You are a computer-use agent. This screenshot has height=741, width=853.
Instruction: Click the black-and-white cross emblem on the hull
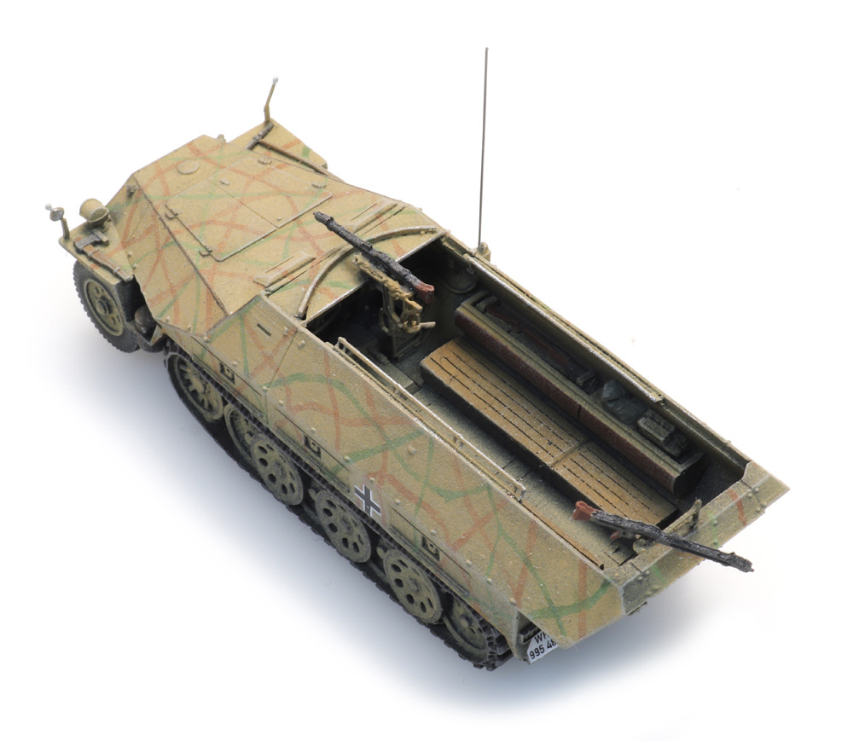[x=367, y=501]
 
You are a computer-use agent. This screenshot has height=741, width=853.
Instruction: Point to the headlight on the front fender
[x=91, y=210]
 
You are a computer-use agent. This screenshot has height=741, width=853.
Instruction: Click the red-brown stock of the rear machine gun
[x=584, y=511]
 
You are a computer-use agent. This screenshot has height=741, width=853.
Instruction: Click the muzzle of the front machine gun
[x=318, y=217]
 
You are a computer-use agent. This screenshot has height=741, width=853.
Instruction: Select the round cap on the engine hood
[x=188, y=167]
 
